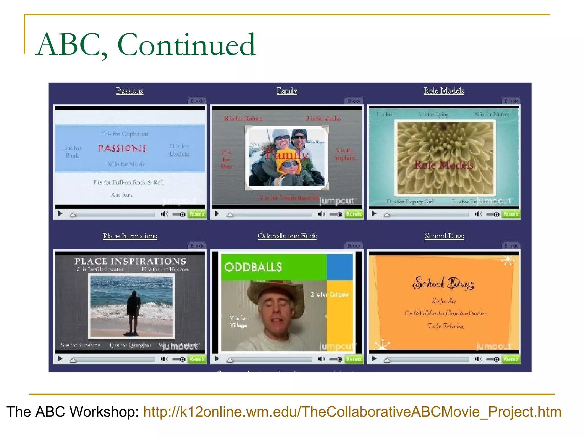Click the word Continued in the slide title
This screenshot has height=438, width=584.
click(x=186, y=45)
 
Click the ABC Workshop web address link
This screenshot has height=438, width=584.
click(x=352, y=412)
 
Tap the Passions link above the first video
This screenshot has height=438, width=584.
click(x=129, y=91)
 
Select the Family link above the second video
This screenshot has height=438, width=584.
click(x=287, y=91)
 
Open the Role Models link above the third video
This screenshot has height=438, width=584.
click(x=444, y=91)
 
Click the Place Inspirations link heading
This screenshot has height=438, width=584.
click(x=130, y=236)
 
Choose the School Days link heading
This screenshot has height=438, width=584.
click(x=444, y=236)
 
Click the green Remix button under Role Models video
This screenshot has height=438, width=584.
click(x=511, y=214)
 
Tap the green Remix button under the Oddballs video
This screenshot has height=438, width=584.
click(x=354, y=359)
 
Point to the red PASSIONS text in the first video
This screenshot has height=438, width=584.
click(x=123, y=148)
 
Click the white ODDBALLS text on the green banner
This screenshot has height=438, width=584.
click(x=253, y=267)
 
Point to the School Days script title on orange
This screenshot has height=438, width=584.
click(x=444, y=283)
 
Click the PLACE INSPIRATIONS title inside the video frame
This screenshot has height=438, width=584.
click(x=130, y=261)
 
